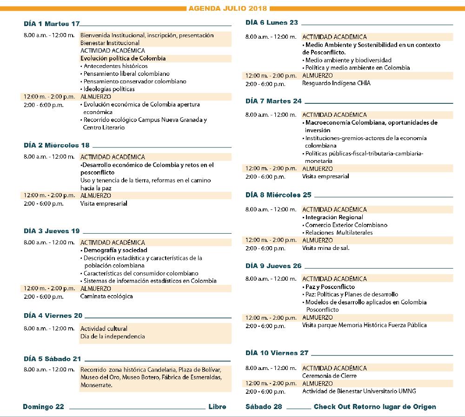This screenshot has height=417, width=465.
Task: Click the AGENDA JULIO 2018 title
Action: (x=228, y=8)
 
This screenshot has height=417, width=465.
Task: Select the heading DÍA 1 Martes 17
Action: (x=52, y=24)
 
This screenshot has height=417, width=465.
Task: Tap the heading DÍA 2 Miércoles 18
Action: (x=57, y=145)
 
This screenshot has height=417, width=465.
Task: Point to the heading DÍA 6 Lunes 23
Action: (x=272, y=22)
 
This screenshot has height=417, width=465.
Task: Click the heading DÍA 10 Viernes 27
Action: (x=277, y=353)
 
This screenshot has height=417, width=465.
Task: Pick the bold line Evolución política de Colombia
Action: (x=123, y=58)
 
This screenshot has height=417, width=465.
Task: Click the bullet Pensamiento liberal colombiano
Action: (x=126, y=74)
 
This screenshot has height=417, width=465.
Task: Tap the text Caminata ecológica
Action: (x=106, y=296)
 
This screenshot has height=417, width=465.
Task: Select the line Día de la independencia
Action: (x=113, y=336)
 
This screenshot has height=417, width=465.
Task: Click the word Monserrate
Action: (x=96, y=385)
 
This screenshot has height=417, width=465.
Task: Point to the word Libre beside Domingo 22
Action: (x=218, y=407)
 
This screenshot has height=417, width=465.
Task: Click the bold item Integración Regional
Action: (x=334, y=217)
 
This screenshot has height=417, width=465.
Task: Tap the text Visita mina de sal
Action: (x=325, y=248)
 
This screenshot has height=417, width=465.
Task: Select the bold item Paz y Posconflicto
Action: (x=330, y=287)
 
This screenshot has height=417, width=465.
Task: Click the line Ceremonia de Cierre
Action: (x=329, y=376)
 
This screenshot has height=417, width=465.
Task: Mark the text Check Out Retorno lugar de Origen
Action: (x=375, y=407)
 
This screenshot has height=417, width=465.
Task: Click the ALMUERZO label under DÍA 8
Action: (x=318, y=240)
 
